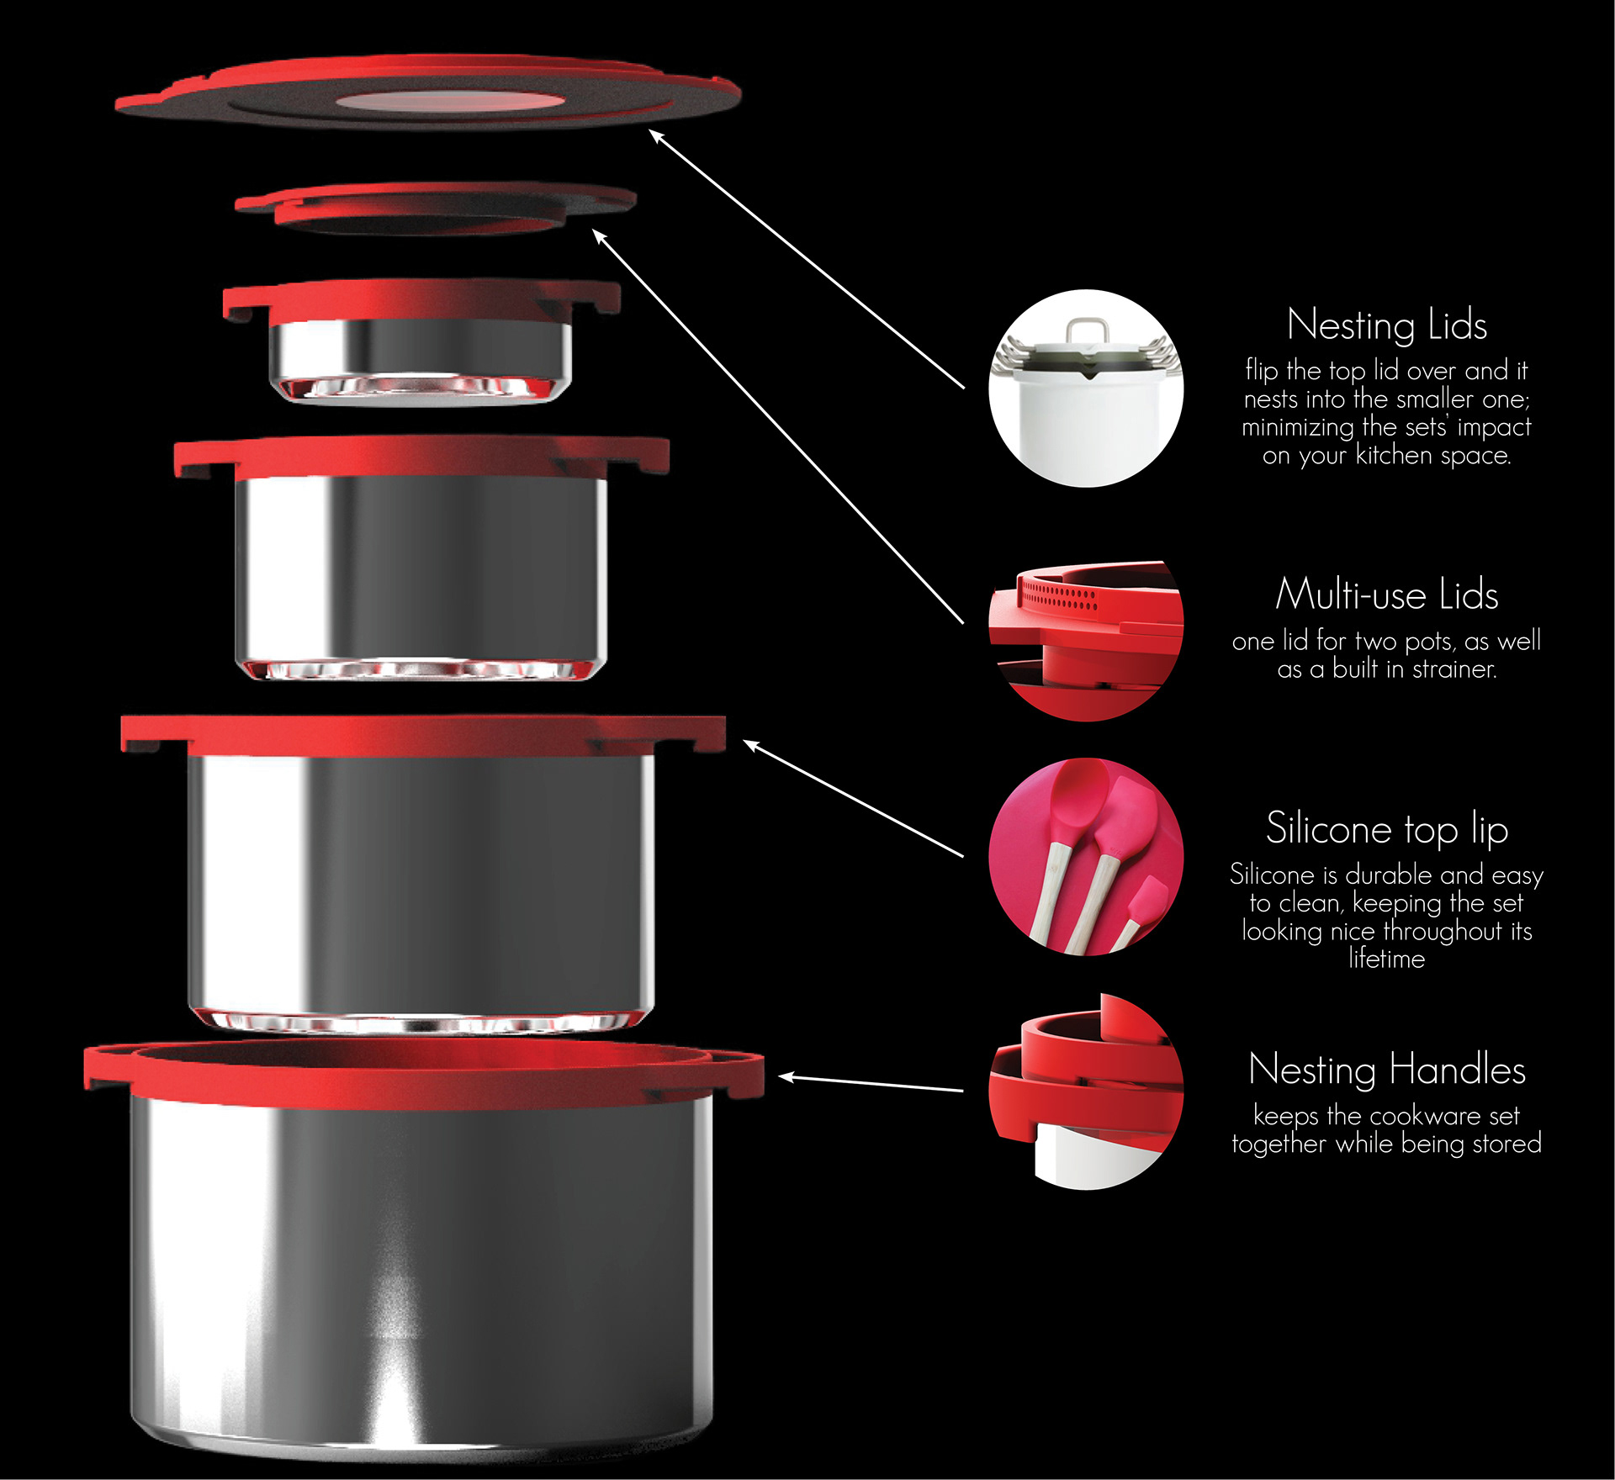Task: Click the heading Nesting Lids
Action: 1386,325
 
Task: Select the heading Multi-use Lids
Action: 1386,595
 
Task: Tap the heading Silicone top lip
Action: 1387,829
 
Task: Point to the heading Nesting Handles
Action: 1387,1069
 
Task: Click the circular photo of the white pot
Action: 1086,388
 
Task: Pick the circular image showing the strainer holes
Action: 1086,640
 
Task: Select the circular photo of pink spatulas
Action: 1086,857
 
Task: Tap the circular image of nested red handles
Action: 1086,1091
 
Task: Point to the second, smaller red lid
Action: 435,208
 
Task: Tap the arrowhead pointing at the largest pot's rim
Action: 786,1076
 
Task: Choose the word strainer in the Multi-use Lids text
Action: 1454,669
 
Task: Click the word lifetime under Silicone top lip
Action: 1386,959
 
